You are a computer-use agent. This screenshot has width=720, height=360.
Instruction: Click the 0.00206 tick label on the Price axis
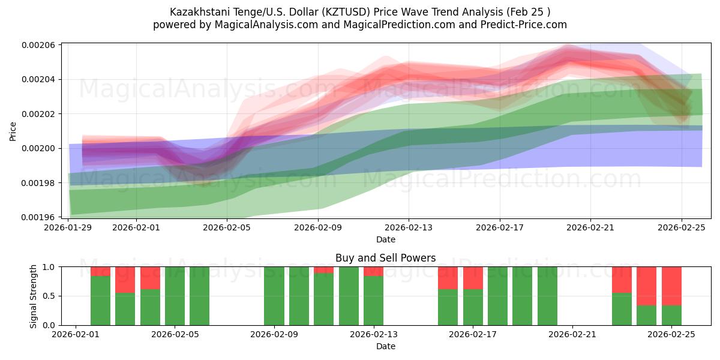pyautogui.click(x=38, y=45)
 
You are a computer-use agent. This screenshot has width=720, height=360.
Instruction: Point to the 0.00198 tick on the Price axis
pyautogui.click(x=38, y=183)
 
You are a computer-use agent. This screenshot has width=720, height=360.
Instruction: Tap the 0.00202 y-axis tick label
pyautogui.click(x=38, y=114)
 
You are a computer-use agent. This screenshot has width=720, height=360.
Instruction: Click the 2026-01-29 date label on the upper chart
pyautogui.click(x=68, y=228)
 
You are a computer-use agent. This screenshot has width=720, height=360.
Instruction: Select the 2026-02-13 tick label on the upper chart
pyautogui.click(x=408, y=228)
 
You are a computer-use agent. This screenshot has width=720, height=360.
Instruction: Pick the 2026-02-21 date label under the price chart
pyautogui.click(x=590, y=228)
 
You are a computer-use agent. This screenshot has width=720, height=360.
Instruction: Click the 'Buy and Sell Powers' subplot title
pyautogui.click(x=385, y=259)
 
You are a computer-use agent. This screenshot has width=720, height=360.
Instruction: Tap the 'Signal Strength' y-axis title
pyautogui.click(x=34, y=296)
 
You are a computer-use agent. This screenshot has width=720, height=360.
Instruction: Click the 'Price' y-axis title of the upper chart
pyautogui.click(x=13, y=131)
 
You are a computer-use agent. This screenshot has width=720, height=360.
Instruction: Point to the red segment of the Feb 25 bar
pyautogui.click(x=671, y=286)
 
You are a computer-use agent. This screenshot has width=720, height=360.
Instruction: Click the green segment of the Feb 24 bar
pyautogui.click(x=646, y=315)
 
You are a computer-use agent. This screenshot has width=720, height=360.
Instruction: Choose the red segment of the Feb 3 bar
pyautogui.click(x=125, y=279)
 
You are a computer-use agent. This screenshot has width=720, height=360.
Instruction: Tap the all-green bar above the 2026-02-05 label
pyautogui.click(x=175, y=296)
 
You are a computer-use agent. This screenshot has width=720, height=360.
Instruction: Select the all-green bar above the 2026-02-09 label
pyautogui.click(x=274, y=296)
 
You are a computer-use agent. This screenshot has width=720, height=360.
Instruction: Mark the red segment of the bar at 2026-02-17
pyautogui.click(x=473, y=278)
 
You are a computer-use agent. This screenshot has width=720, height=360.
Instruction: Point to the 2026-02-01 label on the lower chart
pyautogui.click(x=75, y=335)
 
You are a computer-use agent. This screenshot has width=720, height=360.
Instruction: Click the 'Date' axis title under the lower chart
pyautogui.click(x=385, y=346)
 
